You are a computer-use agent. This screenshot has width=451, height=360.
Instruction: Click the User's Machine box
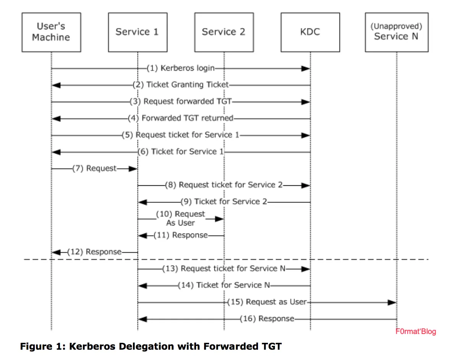(x=51, y=32)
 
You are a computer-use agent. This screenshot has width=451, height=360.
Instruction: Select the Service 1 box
(x=137, y=32)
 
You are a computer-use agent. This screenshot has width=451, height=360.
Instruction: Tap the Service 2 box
(x=224, y=32)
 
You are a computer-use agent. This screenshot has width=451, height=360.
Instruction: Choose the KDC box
(x=310, y=32)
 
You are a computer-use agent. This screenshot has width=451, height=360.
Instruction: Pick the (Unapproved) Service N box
(x=396, y=32)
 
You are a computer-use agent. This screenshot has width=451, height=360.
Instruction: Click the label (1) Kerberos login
(x=181, y=68)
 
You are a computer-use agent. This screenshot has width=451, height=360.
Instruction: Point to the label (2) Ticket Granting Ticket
(x=181, y=85)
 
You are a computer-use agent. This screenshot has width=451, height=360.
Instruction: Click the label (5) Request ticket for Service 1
(x=180, y=135)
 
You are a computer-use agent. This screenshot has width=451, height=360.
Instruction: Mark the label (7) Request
(x=94, y=169)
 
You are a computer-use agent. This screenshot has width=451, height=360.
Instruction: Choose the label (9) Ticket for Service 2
(x=224, y=201)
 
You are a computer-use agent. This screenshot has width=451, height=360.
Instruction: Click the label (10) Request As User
(x=180, y=218)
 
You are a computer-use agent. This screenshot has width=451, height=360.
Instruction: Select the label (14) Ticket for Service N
(x=224, y=285)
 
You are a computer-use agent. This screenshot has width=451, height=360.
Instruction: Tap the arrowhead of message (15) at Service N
(x=392, y=302)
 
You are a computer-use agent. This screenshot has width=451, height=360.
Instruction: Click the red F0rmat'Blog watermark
(x=415, y=331)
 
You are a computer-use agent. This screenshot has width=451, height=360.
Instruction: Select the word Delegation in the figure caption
(x=147, y=347)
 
